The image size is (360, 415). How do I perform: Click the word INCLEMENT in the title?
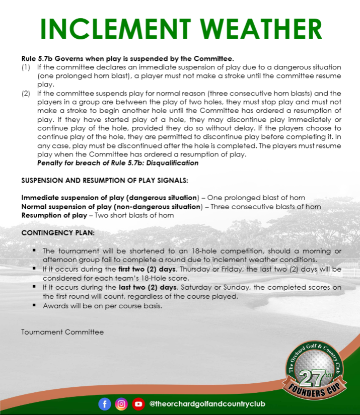click(107, 29)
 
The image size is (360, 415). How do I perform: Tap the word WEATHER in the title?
click(251, 29)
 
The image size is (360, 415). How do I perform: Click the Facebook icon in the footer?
click(105, 403)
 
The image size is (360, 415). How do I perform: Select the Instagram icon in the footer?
click(121, 403)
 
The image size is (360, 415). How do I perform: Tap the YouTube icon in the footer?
click(138, 403)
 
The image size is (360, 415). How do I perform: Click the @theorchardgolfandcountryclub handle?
click(207, 404)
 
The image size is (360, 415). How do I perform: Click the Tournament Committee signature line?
click(62, 332)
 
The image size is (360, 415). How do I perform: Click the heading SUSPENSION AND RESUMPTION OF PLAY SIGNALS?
click(105, 180)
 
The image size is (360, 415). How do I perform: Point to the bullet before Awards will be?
click(34, 305)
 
